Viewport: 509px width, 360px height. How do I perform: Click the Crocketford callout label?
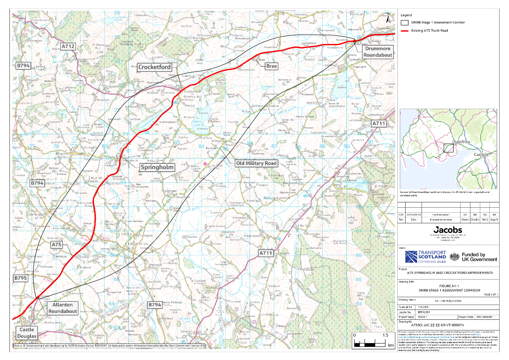155,67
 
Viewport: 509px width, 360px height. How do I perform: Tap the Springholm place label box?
158,167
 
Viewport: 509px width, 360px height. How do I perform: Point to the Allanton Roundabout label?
62,308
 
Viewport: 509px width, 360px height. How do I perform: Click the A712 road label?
68,46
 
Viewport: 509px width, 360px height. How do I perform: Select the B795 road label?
21,278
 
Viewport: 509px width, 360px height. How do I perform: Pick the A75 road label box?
57,245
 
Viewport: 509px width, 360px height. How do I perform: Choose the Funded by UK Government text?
479,257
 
